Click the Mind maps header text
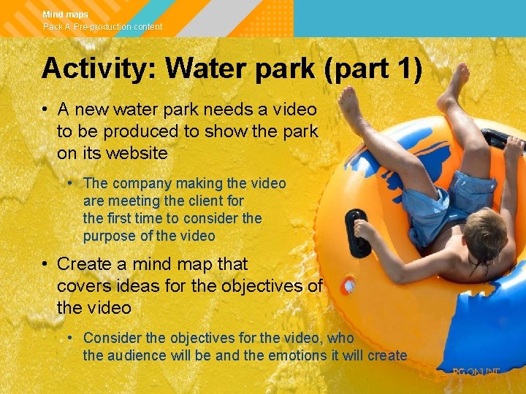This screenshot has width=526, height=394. pyautogui.click(x=66, y=15)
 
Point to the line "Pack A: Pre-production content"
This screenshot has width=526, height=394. pyautogui.click(x=102, y=27)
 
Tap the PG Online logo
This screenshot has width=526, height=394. pyautogui.click(x=475, y=374)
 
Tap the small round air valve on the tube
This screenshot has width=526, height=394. pyautogui.click(x=348, y=284)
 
